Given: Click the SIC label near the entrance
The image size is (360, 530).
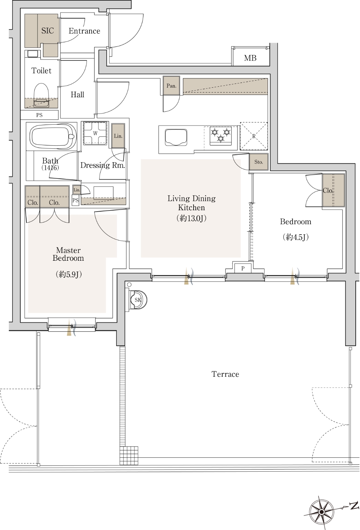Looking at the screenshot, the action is (48, 30).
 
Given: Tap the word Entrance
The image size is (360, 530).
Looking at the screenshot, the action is (84, 31).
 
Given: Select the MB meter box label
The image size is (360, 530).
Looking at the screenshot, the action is (250, 58).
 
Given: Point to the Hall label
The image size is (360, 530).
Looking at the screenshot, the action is (77, 95).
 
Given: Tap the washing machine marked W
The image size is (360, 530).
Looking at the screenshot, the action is (95, 133).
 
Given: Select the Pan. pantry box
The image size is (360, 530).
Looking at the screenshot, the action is (171, 86).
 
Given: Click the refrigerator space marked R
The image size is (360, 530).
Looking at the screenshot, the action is (254, 136).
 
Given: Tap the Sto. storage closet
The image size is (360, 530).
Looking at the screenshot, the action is (259, 162).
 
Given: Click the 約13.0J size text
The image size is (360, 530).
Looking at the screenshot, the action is (191, 218).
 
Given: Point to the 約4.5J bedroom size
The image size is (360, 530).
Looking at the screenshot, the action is (296, 237).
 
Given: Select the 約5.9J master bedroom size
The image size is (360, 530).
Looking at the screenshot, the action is (69, 274).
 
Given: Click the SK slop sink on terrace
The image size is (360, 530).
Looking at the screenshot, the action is (138, 300).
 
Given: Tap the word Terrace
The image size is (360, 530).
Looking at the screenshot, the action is (225, 374).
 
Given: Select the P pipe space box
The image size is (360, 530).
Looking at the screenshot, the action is (243, 269).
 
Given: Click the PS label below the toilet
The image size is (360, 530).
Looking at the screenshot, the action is (39, 115).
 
